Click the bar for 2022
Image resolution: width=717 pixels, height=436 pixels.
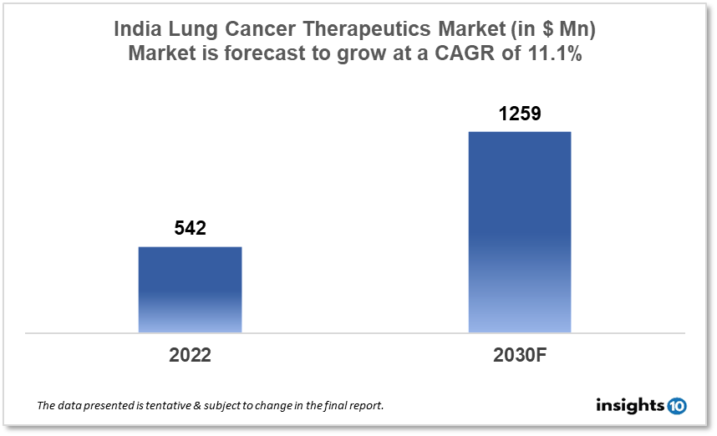[x=190, y=290]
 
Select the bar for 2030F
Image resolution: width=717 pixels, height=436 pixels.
[x=519, y=232]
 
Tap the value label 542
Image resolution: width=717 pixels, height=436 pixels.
[x=190, y=228]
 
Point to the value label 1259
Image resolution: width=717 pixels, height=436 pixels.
[x=520, y=114]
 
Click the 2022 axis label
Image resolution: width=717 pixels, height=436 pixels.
[x=190, y=354]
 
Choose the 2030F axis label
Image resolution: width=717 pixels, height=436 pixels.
[x=519, y=354]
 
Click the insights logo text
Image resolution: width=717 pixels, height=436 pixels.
[x=630, y=406]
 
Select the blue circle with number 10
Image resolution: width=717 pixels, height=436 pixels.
[x=677, y=406]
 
